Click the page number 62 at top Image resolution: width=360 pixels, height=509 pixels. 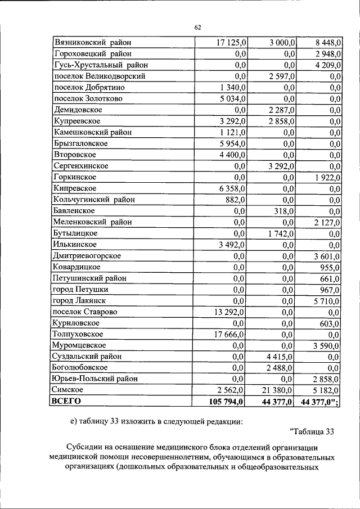click(197, 28)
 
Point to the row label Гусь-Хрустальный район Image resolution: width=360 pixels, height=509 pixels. click(101, 65)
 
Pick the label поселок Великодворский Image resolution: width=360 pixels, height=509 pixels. click(100, 76)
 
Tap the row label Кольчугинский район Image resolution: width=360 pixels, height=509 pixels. click(94, 200)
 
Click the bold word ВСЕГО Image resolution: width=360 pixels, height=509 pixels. click(66, 401)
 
